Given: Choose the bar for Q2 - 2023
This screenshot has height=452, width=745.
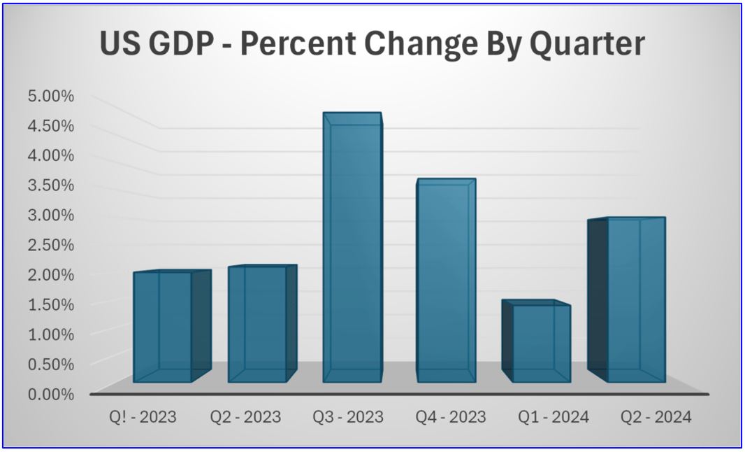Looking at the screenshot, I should (257, 324).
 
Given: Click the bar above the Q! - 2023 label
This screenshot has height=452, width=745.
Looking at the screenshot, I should (163, 327).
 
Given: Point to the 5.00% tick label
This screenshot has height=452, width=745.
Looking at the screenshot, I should (50, 96).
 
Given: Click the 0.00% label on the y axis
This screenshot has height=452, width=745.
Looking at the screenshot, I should (50, 394).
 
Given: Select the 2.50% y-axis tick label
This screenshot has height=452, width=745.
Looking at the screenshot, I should (50, 245).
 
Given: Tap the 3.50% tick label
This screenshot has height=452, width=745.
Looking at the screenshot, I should (50, 185).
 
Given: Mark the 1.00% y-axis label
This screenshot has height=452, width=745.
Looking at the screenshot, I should (50, 334).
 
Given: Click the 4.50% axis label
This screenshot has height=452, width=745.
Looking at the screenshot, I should (50, 126).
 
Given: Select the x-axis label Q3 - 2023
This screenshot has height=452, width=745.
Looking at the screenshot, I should (348, 418).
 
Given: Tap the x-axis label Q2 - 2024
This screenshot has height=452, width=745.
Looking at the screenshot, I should (656, 418).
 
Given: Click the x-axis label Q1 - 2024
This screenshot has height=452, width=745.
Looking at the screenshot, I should (554, 418).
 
